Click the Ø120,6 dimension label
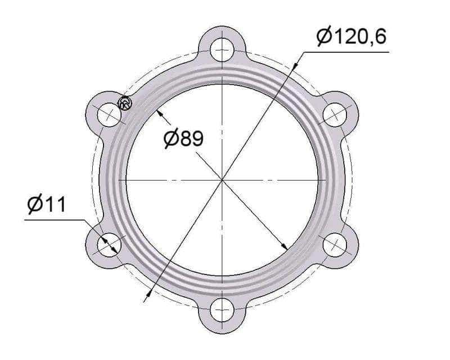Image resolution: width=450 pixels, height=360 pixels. tap(352, 37)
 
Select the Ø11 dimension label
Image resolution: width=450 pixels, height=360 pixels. tap(47, 204)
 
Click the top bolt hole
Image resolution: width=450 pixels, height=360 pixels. tap(222, 49)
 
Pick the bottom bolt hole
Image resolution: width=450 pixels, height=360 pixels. tap(222, 310)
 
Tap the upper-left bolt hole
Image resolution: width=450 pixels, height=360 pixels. tap(109, 115)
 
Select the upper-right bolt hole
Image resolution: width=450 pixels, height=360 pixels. tap(335, 115)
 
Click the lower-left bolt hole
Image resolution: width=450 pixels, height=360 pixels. tap(109, 245)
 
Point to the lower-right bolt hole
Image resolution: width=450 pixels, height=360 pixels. tap(335, 245)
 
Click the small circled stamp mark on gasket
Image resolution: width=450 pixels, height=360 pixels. tap(125, 103)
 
